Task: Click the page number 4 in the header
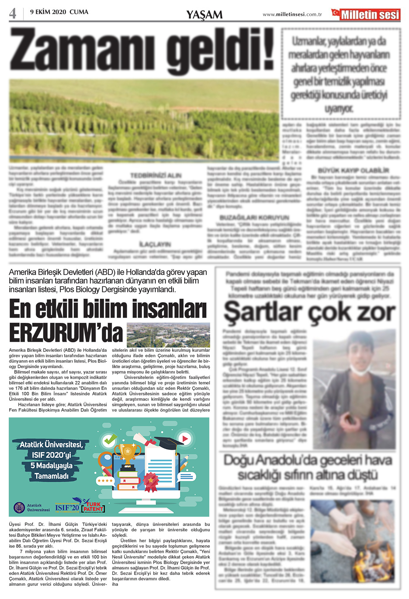click(x=13, y=13)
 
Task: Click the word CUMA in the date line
click(x=79, y=12)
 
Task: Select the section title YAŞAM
click(x=204, y=15)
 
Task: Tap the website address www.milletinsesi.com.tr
click(x=292, y=14)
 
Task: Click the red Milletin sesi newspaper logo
click(x=366, y=14)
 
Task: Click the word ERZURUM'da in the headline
click(x=66, y=333)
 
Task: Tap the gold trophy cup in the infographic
click(x=128, y=453)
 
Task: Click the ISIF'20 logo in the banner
click(x=67, y=508)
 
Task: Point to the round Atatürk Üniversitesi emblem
click(x=19, y=508)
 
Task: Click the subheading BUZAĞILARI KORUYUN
click(x=254, y=217)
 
